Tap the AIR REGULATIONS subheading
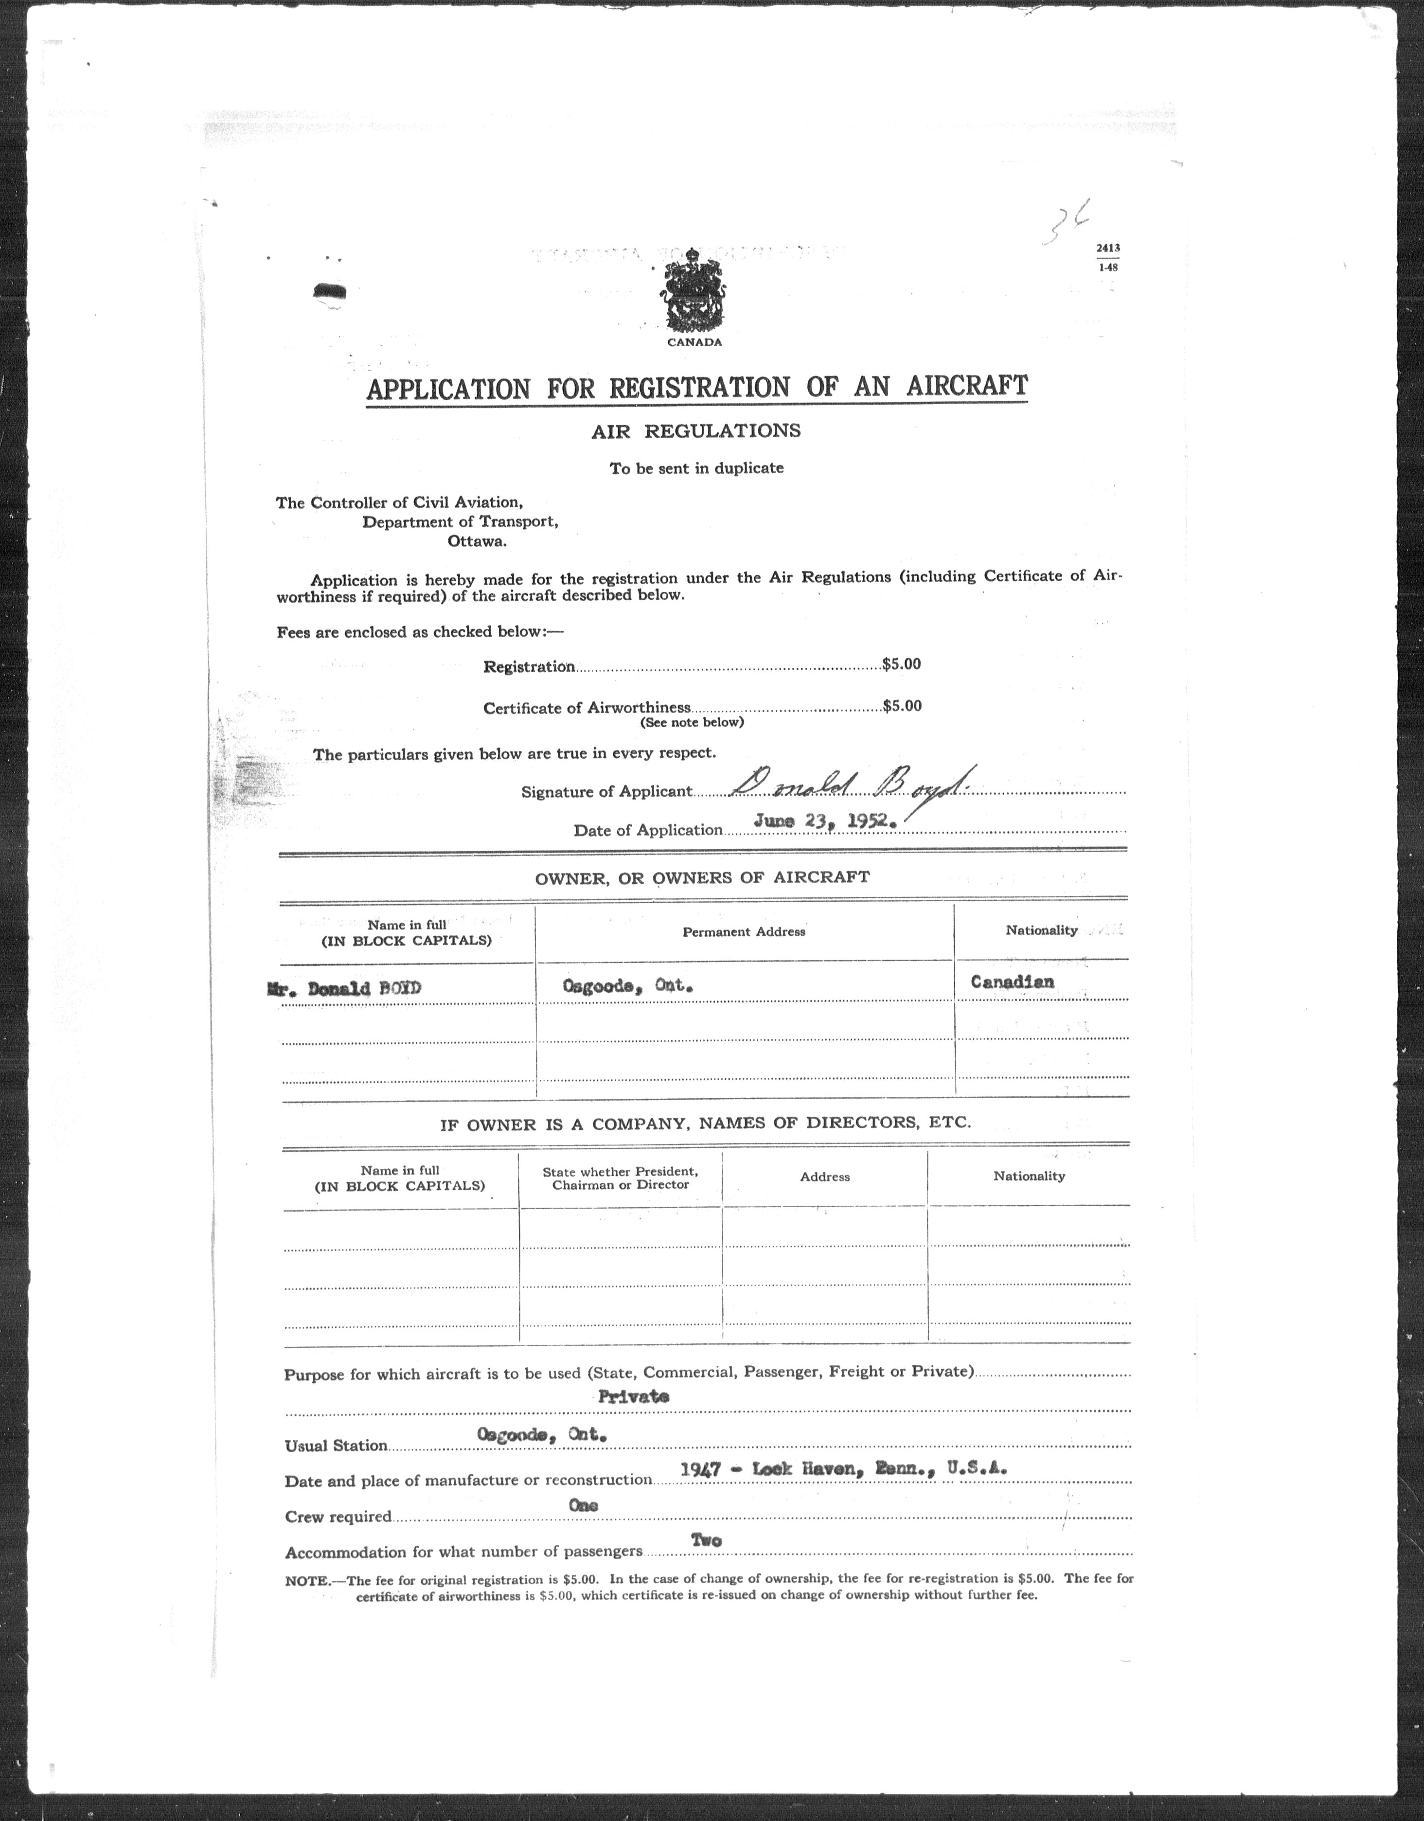(x=695, y=431)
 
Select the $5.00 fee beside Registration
(x=901, y=664)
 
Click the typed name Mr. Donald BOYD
(x=343, y=989)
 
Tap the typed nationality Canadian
(x=1011, y=982)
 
